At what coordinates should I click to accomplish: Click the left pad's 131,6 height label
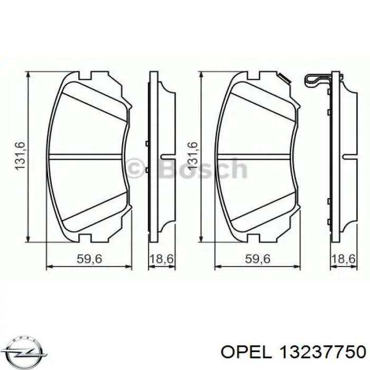click(x=20, y=156)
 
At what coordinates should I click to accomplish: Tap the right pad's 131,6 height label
click(x=192, y=156)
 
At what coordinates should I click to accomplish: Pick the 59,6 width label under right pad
click(x=258, y=258)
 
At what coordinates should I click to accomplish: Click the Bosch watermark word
click(x=202, y=169)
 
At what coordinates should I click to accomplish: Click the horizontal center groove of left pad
click(x=87, y=156)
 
